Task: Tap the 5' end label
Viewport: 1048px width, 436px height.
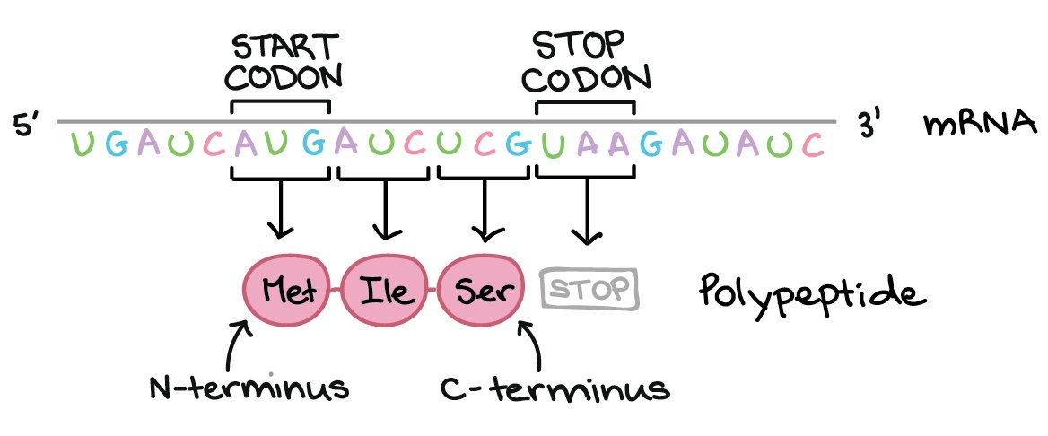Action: pos(28,126)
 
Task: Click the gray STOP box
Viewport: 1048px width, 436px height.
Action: pos(589,290)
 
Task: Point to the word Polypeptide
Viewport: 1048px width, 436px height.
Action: pos(807,294)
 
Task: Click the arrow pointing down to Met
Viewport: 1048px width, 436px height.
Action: pos(280,210)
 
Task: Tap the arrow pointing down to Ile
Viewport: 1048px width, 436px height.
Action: pos(386,210)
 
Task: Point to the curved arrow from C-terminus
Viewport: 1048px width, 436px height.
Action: pos(533,345)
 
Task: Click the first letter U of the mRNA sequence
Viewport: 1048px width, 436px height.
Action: pos(82,145)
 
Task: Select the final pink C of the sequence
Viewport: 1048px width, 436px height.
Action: pos(813,145)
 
